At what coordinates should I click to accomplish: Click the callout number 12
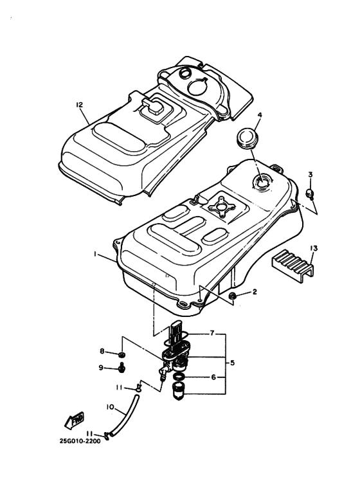click(79, 104)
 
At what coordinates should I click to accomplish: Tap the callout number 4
click(260, 116)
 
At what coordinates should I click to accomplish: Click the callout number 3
click(310, 174)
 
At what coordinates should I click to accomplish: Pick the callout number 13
click(313, 248)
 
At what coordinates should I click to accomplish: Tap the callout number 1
click(95, 255)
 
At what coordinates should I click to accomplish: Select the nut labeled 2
click(233, 295)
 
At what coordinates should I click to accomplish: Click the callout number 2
click(255, 292)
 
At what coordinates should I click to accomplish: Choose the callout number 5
click(232, 363)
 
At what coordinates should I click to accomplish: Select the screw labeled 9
click(122, 369)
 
